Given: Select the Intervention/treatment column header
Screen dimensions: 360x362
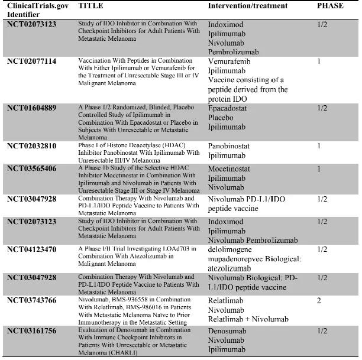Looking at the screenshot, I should coord(247,6).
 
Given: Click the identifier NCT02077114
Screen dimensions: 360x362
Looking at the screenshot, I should coord(31,61).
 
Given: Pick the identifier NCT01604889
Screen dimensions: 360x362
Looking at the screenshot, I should coord(31,108).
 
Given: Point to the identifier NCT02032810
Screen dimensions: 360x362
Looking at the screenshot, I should coord(31,145).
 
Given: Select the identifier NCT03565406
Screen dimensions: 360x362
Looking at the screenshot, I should coord(31,168).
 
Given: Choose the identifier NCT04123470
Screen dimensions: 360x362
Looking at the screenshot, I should coord(31,249).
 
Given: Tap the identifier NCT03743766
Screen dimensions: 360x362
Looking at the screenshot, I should coord(31,301).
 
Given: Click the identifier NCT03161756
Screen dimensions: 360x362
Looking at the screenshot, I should coord(31,331).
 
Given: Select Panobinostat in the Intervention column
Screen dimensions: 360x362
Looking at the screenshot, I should coord(229,145).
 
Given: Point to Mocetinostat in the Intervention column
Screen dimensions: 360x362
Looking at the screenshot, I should coord(229,168).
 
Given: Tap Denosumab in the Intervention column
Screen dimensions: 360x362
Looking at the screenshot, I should coord(227,332).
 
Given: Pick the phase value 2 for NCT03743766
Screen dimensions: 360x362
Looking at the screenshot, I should coord(319,301).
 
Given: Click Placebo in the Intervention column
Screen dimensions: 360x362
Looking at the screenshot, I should coord(221,117).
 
